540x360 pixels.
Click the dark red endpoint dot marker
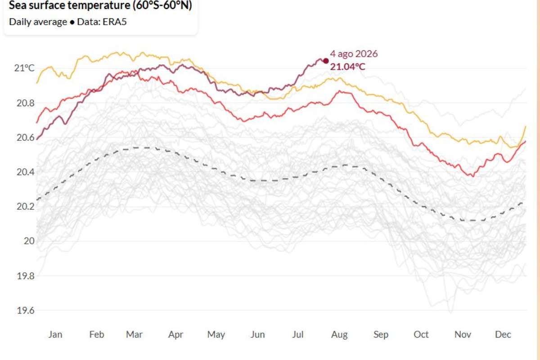(326, 61)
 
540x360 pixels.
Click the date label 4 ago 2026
(354, 54)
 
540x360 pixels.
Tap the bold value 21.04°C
(347, 67)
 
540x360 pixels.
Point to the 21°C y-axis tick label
(24, 68)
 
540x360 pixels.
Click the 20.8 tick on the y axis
(25, 103)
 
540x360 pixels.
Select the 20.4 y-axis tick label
(25, 172)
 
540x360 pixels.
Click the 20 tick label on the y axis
(29, 241)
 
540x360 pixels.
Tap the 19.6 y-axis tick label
(25, 310)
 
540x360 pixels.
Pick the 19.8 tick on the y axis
(25, 276)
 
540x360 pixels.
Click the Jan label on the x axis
(55, 334)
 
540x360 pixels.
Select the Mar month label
(134, 334)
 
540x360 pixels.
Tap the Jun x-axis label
(257, 334)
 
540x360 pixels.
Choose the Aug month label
(339, 335)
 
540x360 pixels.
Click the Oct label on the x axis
(421, 334)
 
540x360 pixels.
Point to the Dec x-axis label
(503, 334)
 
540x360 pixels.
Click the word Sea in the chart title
(18, 5)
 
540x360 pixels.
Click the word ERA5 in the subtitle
(114, 22)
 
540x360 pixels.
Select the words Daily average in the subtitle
(38, 22)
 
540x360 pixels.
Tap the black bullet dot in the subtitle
(72, 22)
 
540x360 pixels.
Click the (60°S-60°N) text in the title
(162, 5)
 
